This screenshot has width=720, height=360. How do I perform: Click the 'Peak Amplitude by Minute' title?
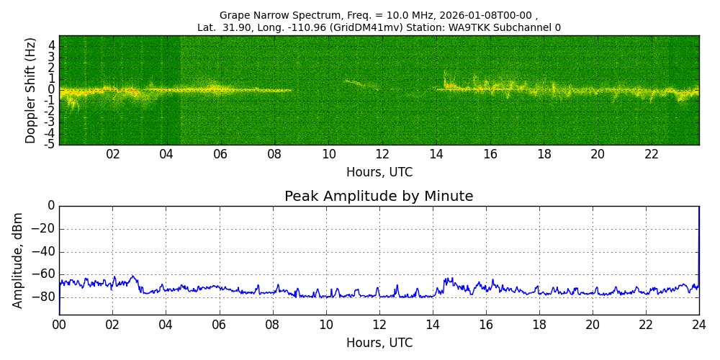[x=379, y=197]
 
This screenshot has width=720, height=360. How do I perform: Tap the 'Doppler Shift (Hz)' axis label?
[x=31, y=90]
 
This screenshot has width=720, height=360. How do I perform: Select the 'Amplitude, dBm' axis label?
[x=18, y=260]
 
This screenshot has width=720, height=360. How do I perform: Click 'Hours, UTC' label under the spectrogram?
[x=379, y=173]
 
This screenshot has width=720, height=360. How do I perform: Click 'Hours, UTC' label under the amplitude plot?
[x=379, y=343]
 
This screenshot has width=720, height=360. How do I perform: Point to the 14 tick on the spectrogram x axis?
[x=436, y=154]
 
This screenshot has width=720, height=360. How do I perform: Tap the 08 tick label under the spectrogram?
[x=274, y=154]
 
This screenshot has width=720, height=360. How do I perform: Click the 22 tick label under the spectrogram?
[x=652, y=154]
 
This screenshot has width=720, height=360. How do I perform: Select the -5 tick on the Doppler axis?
[x=51, y=145]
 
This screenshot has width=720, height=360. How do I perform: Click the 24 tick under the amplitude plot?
[x=698, y=324]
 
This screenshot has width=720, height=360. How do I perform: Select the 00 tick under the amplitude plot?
[x=59, y=324]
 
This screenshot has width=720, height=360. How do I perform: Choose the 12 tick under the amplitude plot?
[x=379, y=324]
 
